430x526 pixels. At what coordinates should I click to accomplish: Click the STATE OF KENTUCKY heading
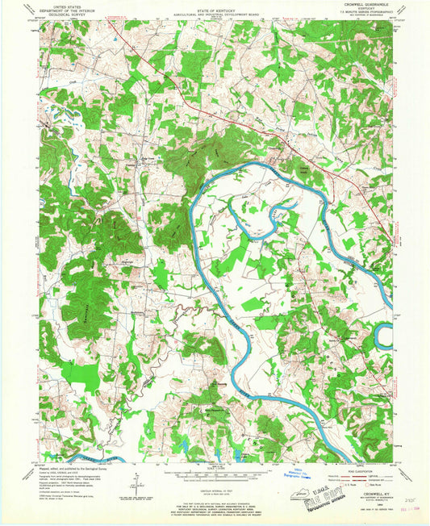[x=215, y=6]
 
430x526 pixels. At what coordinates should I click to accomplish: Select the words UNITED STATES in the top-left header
[x=65, y=6]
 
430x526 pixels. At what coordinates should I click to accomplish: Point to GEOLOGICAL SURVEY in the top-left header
[x=65, y=14]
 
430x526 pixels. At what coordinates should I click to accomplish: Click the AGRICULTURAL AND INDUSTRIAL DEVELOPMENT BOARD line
[x=215, y=10]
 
